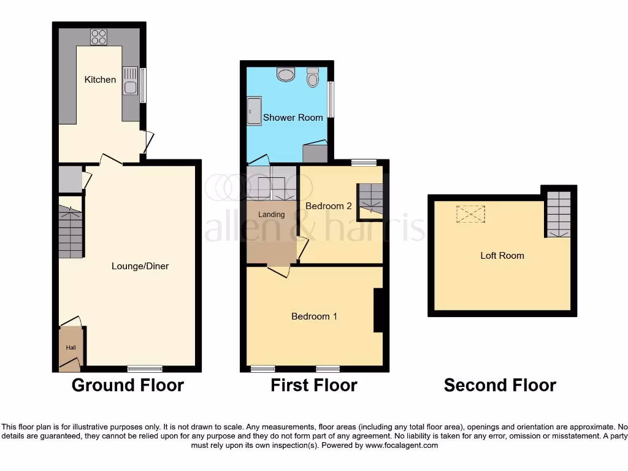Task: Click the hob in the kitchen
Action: (x=99, y=37)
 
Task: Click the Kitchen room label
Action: (x=100, y=80)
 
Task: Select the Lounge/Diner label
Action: (x=140, y=266)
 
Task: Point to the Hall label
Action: (x=71, y=348)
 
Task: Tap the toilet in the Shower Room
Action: (x=313, y=77)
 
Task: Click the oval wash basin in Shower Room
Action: (x=285, y=75)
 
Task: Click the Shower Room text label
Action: (x=293, y=118)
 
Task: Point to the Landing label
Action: (x=271, y=215)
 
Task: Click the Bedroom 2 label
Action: (x=329, y=206)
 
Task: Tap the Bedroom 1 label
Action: (x=314, y=316)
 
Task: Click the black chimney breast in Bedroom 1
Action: (x=378, y=310)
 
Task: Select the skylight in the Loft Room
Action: (x=470, y=214)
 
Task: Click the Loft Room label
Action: (x=502, y=256)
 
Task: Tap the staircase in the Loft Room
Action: (x=558, y=214)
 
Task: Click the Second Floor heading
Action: (x=500, y=385)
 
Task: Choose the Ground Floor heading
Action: (x=128, y=385)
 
